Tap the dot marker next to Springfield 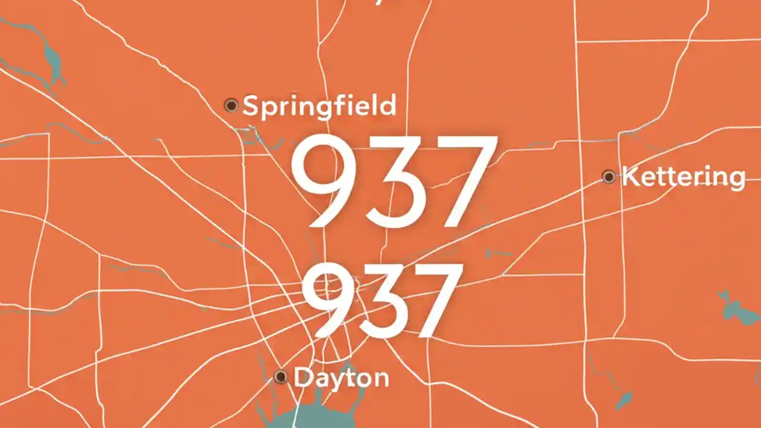point(231,106)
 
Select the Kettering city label point(684,177)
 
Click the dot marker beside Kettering point(608,177)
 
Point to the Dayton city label point(341,378)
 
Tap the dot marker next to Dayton point(281,377)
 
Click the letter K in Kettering point(630,177)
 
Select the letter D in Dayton point(303,378)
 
